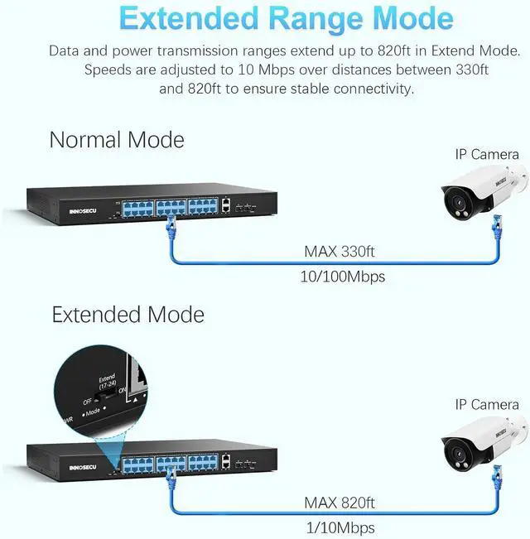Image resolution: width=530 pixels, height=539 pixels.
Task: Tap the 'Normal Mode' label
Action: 117,139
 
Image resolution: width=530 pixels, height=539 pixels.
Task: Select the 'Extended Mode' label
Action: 128,315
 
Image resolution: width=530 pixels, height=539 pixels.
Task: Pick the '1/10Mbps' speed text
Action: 340,527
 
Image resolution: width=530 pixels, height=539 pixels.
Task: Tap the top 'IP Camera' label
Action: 487,154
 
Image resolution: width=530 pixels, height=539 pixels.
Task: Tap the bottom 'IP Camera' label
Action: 487,404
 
